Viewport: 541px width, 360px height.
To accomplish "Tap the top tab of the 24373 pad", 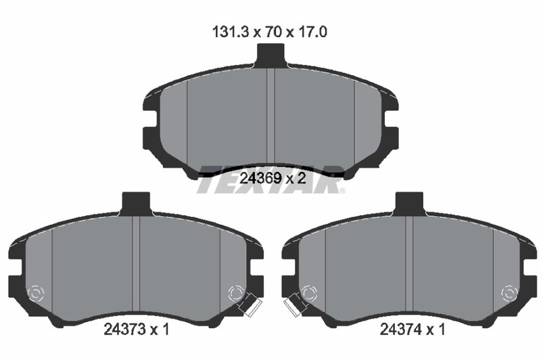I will click(136, 202).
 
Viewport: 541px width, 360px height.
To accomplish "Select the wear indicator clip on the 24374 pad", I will click(291, 306).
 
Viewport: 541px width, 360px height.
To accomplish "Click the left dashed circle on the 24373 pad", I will click(36, 293).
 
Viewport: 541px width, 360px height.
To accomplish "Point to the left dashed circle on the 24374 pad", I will click(308, 293).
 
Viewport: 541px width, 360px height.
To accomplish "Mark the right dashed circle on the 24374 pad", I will click(509, 293).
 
